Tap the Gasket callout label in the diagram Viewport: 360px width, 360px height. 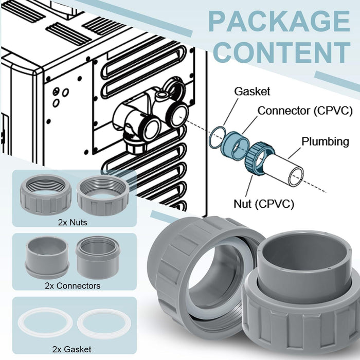pyautogui.click(x=252, y=92)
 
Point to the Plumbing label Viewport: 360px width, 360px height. pyautogui.click(x=325, y=141)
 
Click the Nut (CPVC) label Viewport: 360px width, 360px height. pyautogui.click(x=269, y=204)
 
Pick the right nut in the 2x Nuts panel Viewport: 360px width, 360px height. pyautogui.click(x=103, y=195)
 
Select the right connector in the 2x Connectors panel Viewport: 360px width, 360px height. pyautogui.click(x=99, y=257)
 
